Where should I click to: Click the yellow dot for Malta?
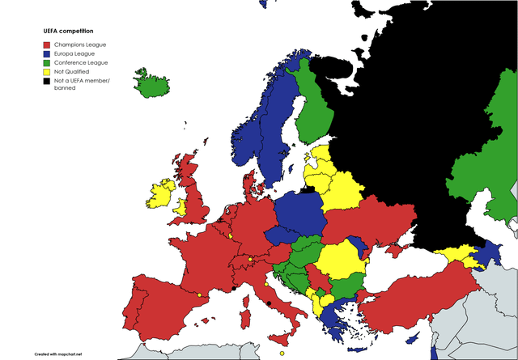click(282, 353)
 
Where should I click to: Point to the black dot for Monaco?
click(234, 288)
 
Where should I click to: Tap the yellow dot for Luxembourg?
click(230, 236)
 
